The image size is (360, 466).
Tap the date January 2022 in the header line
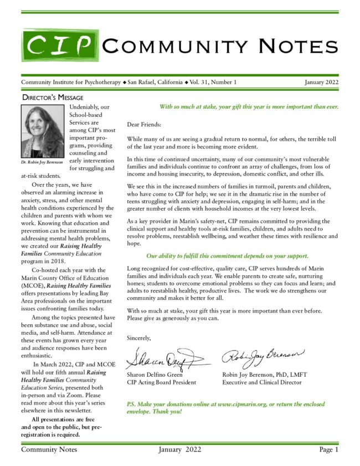point(321,83)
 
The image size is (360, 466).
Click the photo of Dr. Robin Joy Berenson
point(42,131)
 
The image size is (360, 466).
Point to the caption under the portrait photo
point(42,162)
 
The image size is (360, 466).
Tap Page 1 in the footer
point(328,449)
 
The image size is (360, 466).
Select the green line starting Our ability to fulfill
point(227,256)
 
